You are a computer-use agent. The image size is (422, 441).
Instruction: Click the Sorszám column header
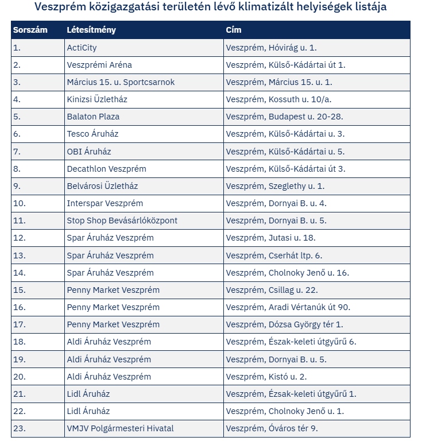(30, 30)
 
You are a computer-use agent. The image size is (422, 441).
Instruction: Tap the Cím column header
(234, 30)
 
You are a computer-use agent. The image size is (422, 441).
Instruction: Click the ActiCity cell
(82, 48)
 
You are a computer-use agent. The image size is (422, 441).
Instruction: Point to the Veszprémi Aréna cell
(99, 65)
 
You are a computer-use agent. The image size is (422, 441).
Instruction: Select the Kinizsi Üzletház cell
(97, 99)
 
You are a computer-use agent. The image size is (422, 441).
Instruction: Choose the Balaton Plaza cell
(93, 117)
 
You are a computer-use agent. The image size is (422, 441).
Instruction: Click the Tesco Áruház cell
(92, 134)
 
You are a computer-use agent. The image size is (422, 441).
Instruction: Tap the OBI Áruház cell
(89, 152)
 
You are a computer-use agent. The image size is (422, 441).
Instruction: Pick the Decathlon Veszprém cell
(106, 169)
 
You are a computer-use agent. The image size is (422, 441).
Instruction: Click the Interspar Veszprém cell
(105, 203)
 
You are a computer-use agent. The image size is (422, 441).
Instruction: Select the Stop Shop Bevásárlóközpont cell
(122, 220)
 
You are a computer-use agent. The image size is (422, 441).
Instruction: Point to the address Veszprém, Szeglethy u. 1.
(275, 186)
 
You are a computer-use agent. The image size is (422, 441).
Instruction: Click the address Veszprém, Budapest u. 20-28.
(284, 117)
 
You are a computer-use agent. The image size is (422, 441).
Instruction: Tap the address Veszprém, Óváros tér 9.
(272, 428)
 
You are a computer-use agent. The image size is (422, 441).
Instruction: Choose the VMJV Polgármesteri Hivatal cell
(120, 428)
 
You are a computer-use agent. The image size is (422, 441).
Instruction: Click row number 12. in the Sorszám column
(20, 238)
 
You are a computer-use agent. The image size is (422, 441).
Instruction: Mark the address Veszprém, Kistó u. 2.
(266, 377)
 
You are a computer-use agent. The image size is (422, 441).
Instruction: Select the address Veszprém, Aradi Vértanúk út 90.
(288, 307)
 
